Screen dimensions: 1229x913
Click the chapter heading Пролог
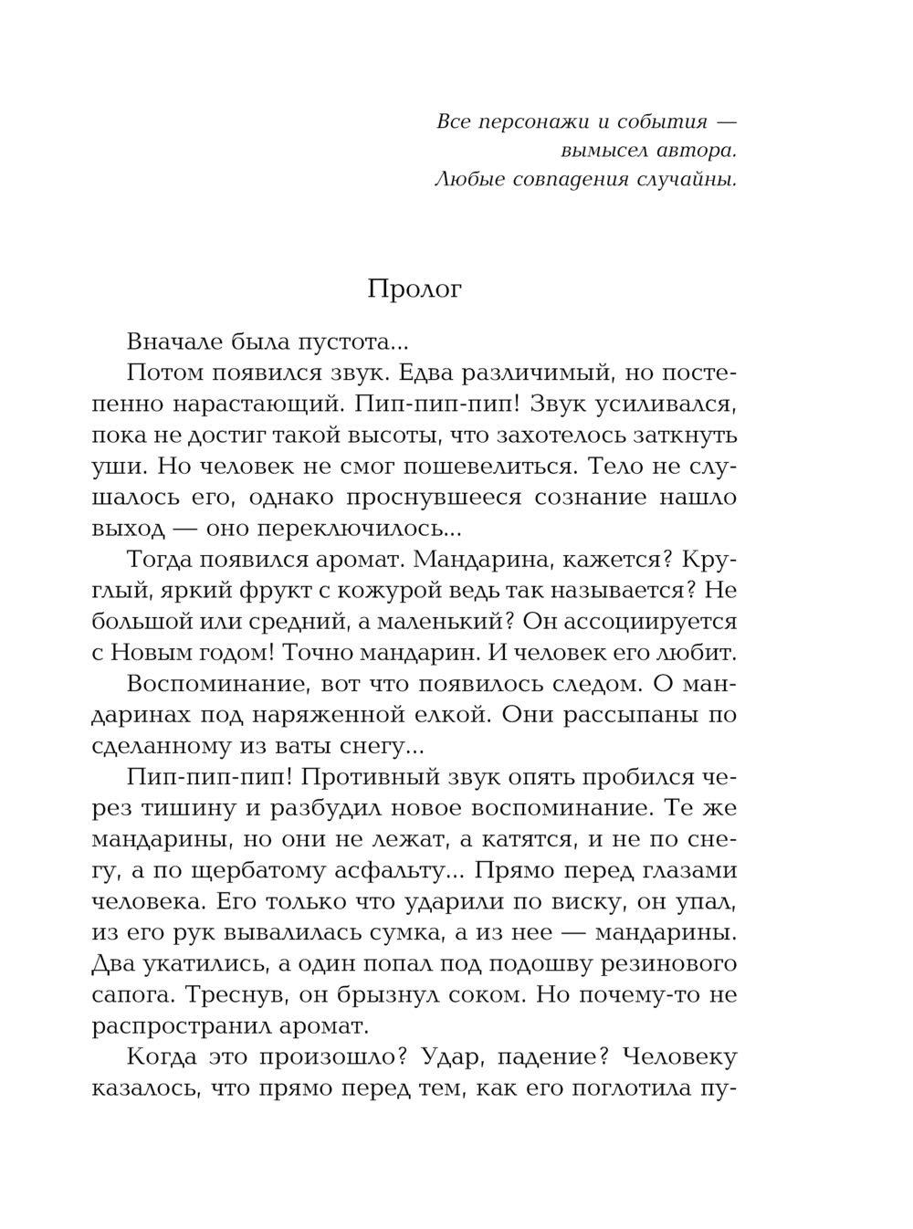tap(415, 289)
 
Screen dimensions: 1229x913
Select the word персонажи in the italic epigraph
tap(530, 121)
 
